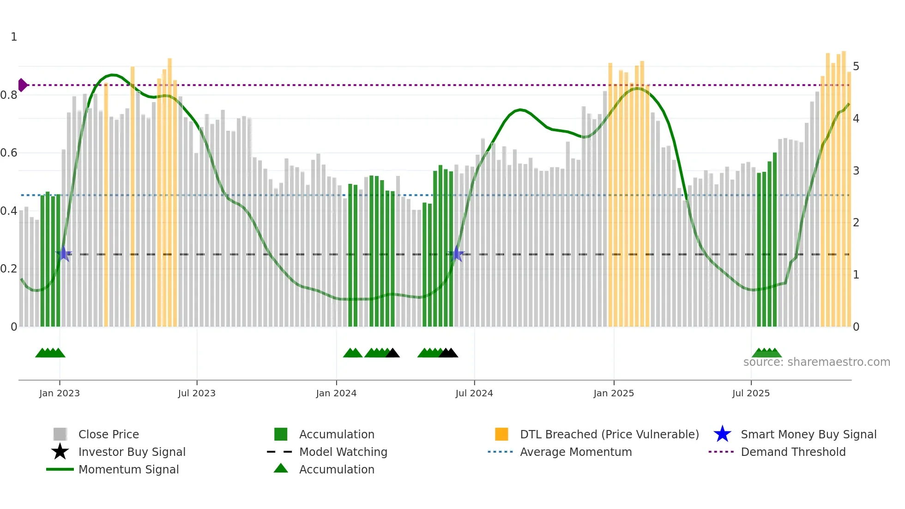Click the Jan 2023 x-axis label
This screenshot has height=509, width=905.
(x=59, y=393)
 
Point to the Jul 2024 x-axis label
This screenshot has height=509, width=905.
(x=474, y=393)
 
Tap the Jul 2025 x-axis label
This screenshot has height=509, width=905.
(x=751, y=393)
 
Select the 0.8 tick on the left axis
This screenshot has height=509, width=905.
(x=9, y=95)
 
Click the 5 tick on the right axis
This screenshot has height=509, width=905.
(x=856, y=67)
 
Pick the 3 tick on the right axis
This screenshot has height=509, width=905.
(x=856, y=170)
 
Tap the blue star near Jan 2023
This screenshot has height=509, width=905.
(x=64, y=254)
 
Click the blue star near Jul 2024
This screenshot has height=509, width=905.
(x=457, y=254)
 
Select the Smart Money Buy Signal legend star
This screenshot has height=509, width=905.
(x=722, y=434)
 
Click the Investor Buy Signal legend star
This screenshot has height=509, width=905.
(x=60, y=452)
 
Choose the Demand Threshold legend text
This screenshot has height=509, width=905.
(x=793, y=452)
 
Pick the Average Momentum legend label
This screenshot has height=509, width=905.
(x=576, y=452)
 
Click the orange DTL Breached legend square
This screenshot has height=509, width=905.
(x=501, y=434)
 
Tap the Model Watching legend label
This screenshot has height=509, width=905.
(x=343, y=452)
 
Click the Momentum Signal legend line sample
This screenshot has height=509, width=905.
(x=60, y=469)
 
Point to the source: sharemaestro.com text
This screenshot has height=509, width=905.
(x=816, y=362)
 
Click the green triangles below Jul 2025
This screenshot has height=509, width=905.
(x=766, y=353)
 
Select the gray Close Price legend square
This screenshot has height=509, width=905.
(x=60, y=434)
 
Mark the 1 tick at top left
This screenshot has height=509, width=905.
(x=14, y=37)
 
